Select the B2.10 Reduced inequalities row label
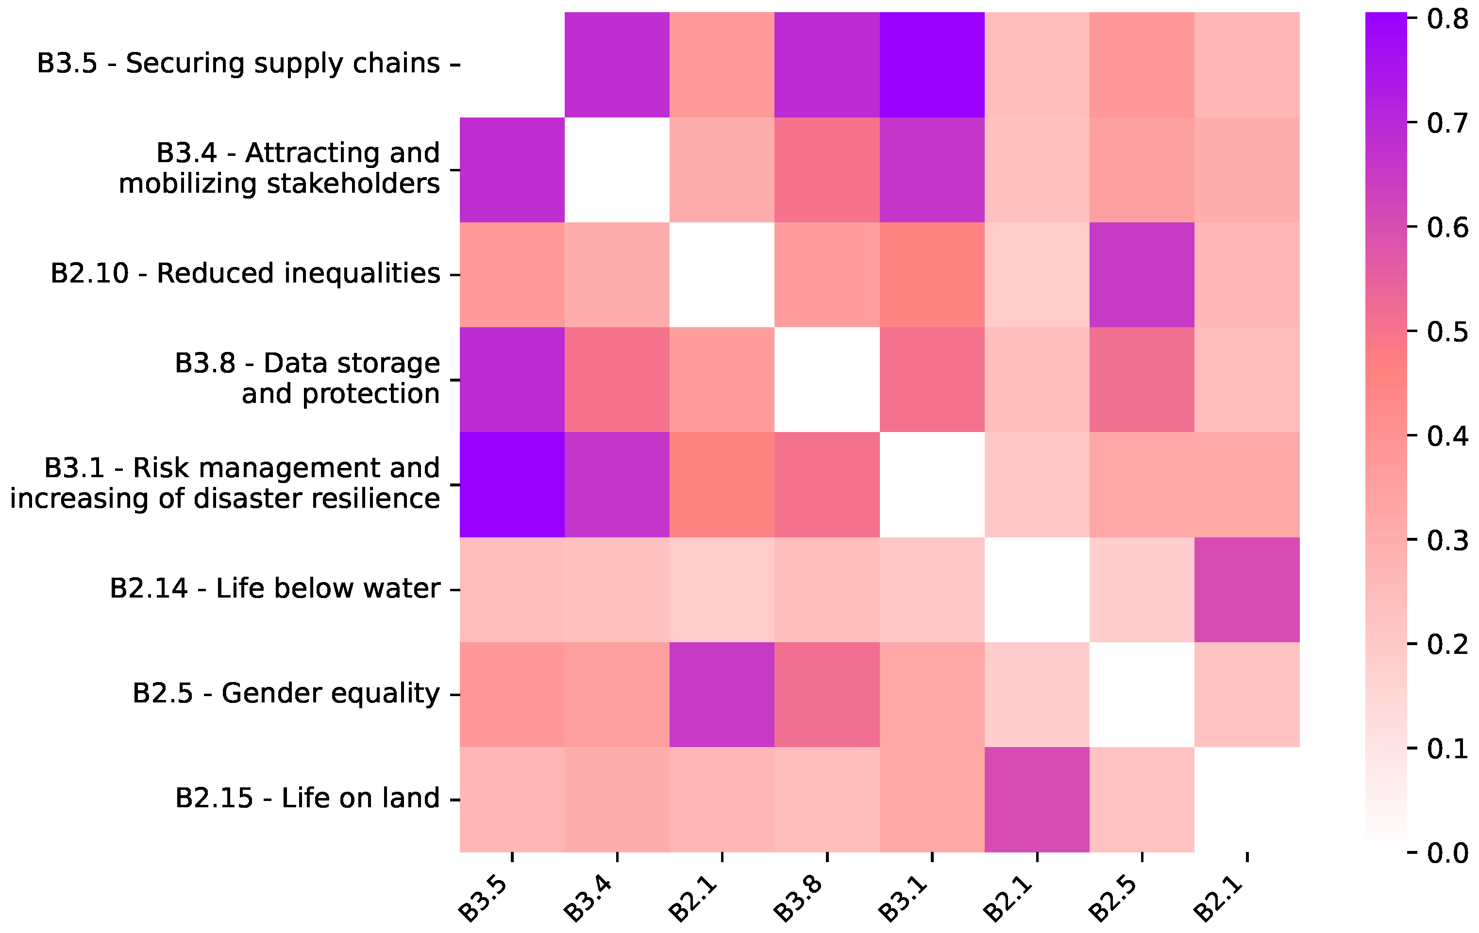tap(245, 274)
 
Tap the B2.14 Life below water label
tap(274, 589)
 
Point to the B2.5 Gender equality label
tap(286, 694)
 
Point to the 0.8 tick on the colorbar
tap(1447, 19)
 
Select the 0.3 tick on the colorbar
tap(1447, 540)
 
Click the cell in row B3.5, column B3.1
tap(932, 65)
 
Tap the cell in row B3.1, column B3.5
tap(512, 484)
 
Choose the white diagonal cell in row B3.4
tap(617, 169)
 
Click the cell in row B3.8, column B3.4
tap(617, 380)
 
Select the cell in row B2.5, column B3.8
tap(827, 695)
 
